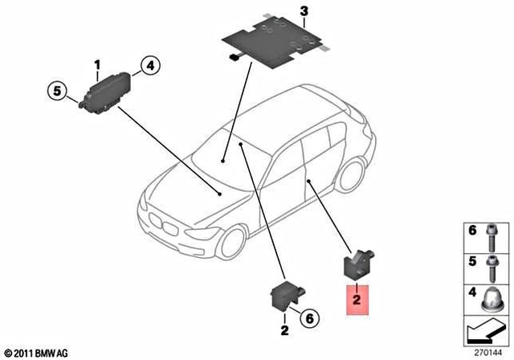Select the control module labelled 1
[108, 86]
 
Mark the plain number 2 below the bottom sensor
[284, 330]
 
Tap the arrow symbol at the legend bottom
[484, 330]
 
